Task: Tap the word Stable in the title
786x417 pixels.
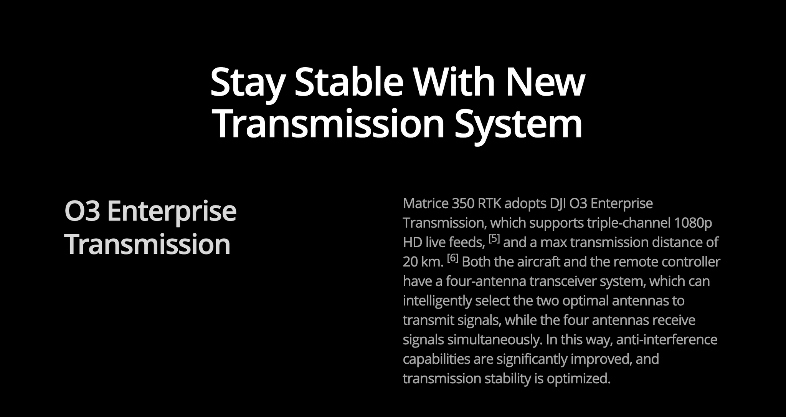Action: [x=349, y=82]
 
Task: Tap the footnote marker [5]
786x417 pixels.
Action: [x=494, y=239]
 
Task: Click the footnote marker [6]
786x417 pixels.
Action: [x=453, y=258]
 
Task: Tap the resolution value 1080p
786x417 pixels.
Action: [x=693, y=223]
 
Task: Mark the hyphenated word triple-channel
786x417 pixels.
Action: [x=629, y=223]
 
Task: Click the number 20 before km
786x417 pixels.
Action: [x=410, y=262]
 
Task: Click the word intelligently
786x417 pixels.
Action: [x=437, y=301]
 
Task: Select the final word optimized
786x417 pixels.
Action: [x=578, y=379]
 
